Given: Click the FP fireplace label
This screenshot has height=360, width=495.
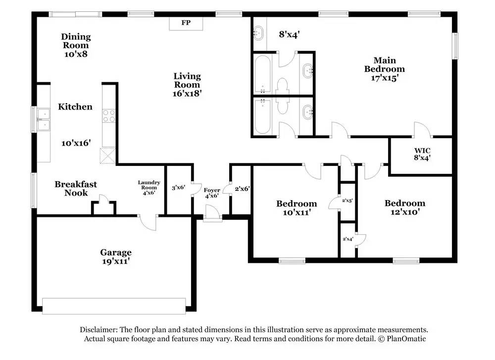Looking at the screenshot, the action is point(186,23).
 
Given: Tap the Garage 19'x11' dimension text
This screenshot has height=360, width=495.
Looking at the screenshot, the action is point(116,261).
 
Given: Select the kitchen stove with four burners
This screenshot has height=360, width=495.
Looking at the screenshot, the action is point(109,115).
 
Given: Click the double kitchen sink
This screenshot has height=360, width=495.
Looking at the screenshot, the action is point(44,120).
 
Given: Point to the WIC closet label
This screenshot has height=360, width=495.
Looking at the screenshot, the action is point(422,151).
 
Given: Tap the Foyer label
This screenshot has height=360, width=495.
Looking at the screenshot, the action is point(212,190).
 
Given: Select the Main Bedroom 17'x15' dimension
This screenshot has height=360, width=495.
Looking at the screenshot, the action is point(384,78).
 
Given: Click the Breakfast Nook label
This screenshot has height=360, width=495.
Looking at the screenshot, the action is point(76,189).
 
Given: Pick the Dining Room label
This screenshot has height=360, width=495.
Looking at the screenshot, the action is point(76,41).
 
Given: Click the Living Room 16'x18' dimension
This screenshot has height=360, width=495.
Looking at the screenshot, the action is point(187,94).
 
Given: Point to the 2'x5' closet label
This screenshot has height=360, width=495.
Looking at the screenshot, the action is point(347,200).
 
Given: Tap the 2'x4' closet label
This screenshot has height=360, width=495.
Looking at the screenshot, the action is point(348,239).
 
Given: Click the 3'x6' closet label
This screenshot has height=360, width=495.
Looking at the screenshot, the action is point(178,187).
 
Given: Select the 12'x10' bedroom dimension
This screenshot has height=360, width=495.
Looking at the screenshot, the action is point(405,212).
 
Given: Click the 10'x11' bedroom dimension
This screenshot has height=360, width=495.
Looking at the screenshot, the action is point(297,212).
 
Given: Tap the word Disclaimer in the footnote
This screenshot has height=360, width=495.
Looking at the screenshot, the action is point(99,330).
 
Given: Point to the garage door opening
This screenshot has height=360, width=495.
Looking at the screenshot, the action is point(114,306).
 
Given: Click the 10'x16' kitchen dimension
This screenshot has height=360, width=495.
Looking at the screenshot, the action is point(76,143).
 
